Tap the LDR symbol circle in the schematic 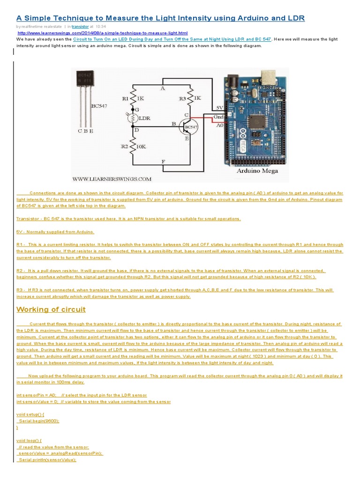point(132,118)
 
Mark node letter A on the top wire point(162,88)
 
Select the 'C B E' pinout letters point(85,131)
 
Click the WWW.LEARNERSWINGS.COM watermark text point(112,179)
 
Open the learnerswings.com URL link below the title point(103,33)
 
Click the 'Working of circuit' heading point(51,309)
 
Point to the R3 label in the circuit point(182,99)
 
